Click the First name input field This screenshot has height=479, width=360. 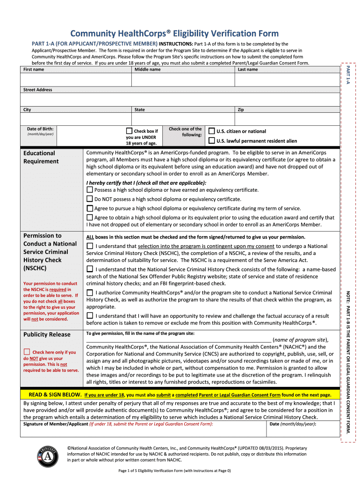75,80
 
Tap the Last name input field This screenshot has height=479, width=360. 286,80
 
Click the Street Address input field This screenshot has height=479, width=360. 180,99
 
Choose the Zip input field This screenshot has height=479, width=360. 286,119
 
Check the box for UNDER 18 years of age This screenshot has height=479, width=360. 130,131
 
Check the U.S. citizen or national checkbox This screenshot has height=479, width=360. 212,131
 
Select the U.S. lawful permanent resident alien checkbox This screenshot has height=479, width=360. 212,140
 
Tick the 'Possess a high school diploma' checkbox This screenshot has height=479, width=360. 90,190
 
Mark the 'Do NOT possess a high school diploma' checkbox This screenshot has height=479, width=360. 90,199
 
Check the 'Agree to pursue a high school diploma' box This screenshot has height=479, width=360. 90,209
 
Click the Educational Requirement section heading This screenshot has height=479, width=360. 41,157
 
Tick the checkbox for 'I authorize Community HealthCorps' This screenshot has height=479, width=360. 90,292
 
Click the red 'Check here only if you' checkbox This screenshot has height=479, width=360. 27,352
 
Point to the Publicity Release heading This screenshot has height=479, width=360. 47,334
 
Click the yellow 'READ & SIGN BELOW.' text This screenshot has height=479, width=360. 56,394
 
